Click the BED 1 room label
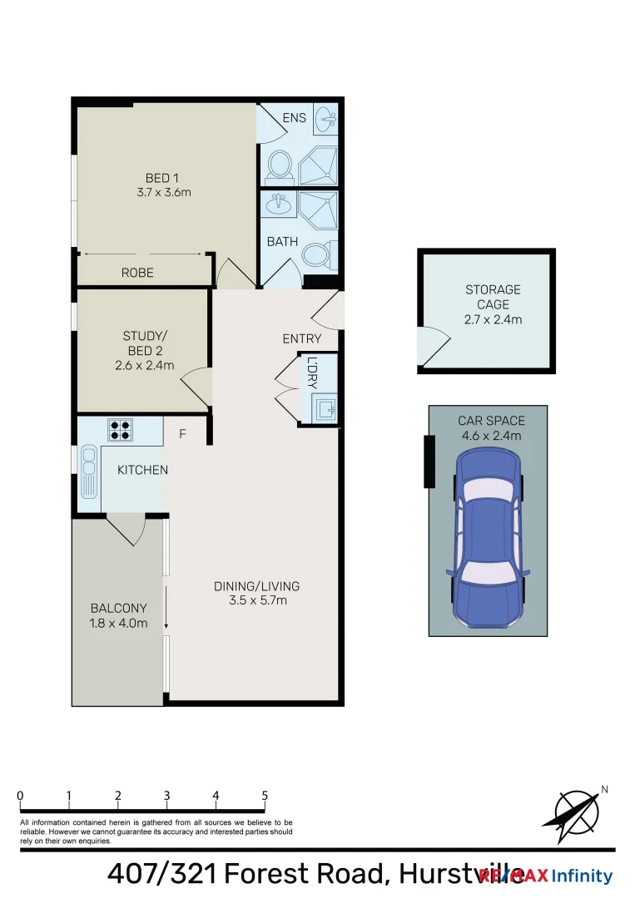pyautogui.click(x=162, y=178)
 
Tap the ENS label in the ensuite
pyautogui.click(x=295, y=118)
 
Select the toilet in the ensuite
pyautogui.click(x=278, y=165)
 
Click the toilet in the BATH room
pyautogui.click(x=317, y=253)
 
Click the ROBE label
pyautogui.click(x=137, y=273)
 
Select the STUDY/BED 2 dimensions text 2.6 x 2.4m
pyautogui.click(x=145, y=365)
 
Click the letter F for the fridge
pyautogui.click(x=181, y=434)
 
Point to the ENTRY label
pyautogui.click(x=301, y=338)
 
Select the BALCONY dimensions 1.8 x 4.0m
pyautogui.click(x=119, y=624)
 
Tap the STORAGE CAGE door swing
pyautogui.click(x=433, y=346)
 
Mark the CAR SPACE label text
pyautogui.click(x=491, y=421)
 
